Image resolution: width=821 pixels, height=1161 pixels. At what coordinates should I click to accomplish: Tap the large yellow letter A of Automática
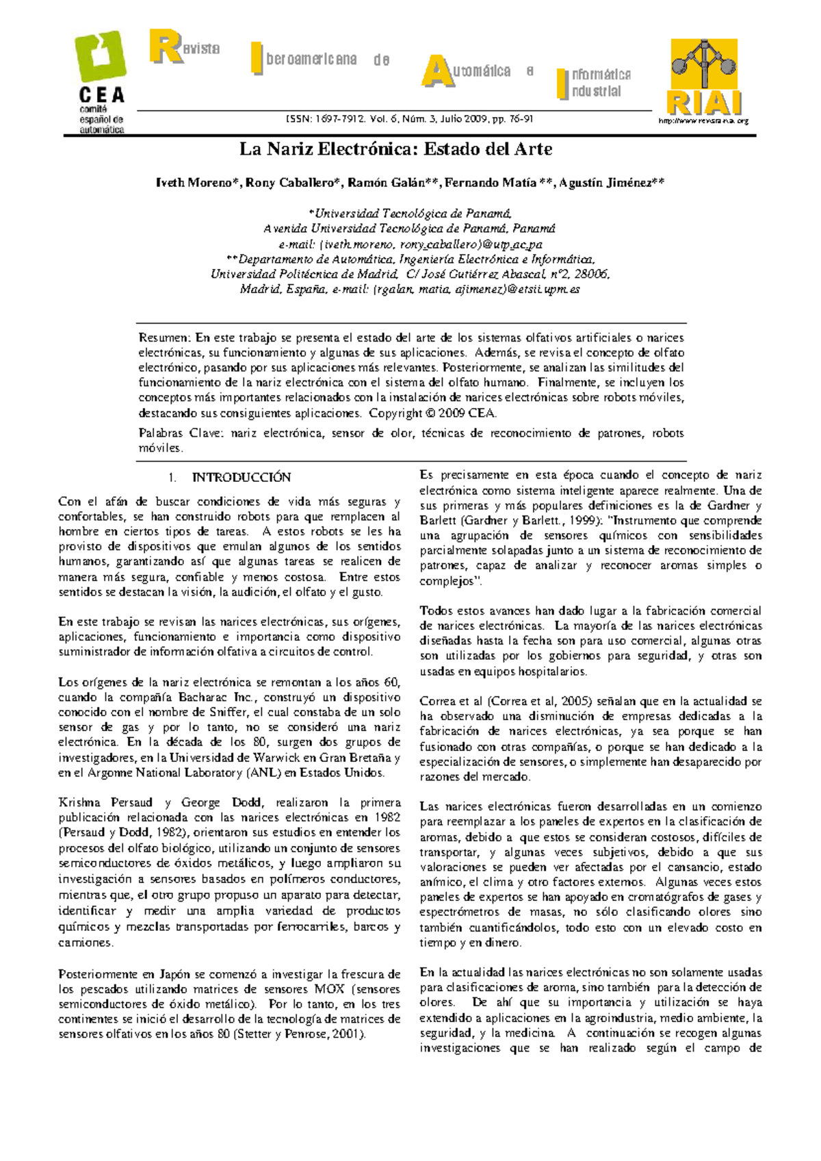pos(438,71)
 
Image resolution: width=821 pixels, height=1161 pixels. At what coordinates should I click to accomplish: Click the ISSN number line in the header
pos(409,119)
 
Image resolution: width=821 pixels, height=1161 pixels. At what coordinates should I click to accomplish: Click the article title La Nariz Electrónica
pos(395,149)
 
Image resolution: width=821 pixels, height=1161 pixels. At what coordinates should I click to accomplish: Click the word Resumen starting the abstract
pos(164,337)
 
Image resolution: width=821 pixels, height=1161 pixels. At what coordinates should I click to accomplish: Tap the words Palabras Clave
pos(180,433)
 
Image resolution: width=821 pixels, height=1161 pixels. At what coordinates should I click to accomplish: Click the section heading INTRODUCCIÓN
pos(241,477)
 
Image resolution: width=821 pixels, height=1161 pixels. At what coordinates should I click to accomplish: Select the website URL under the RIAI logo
pos(703,120)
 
